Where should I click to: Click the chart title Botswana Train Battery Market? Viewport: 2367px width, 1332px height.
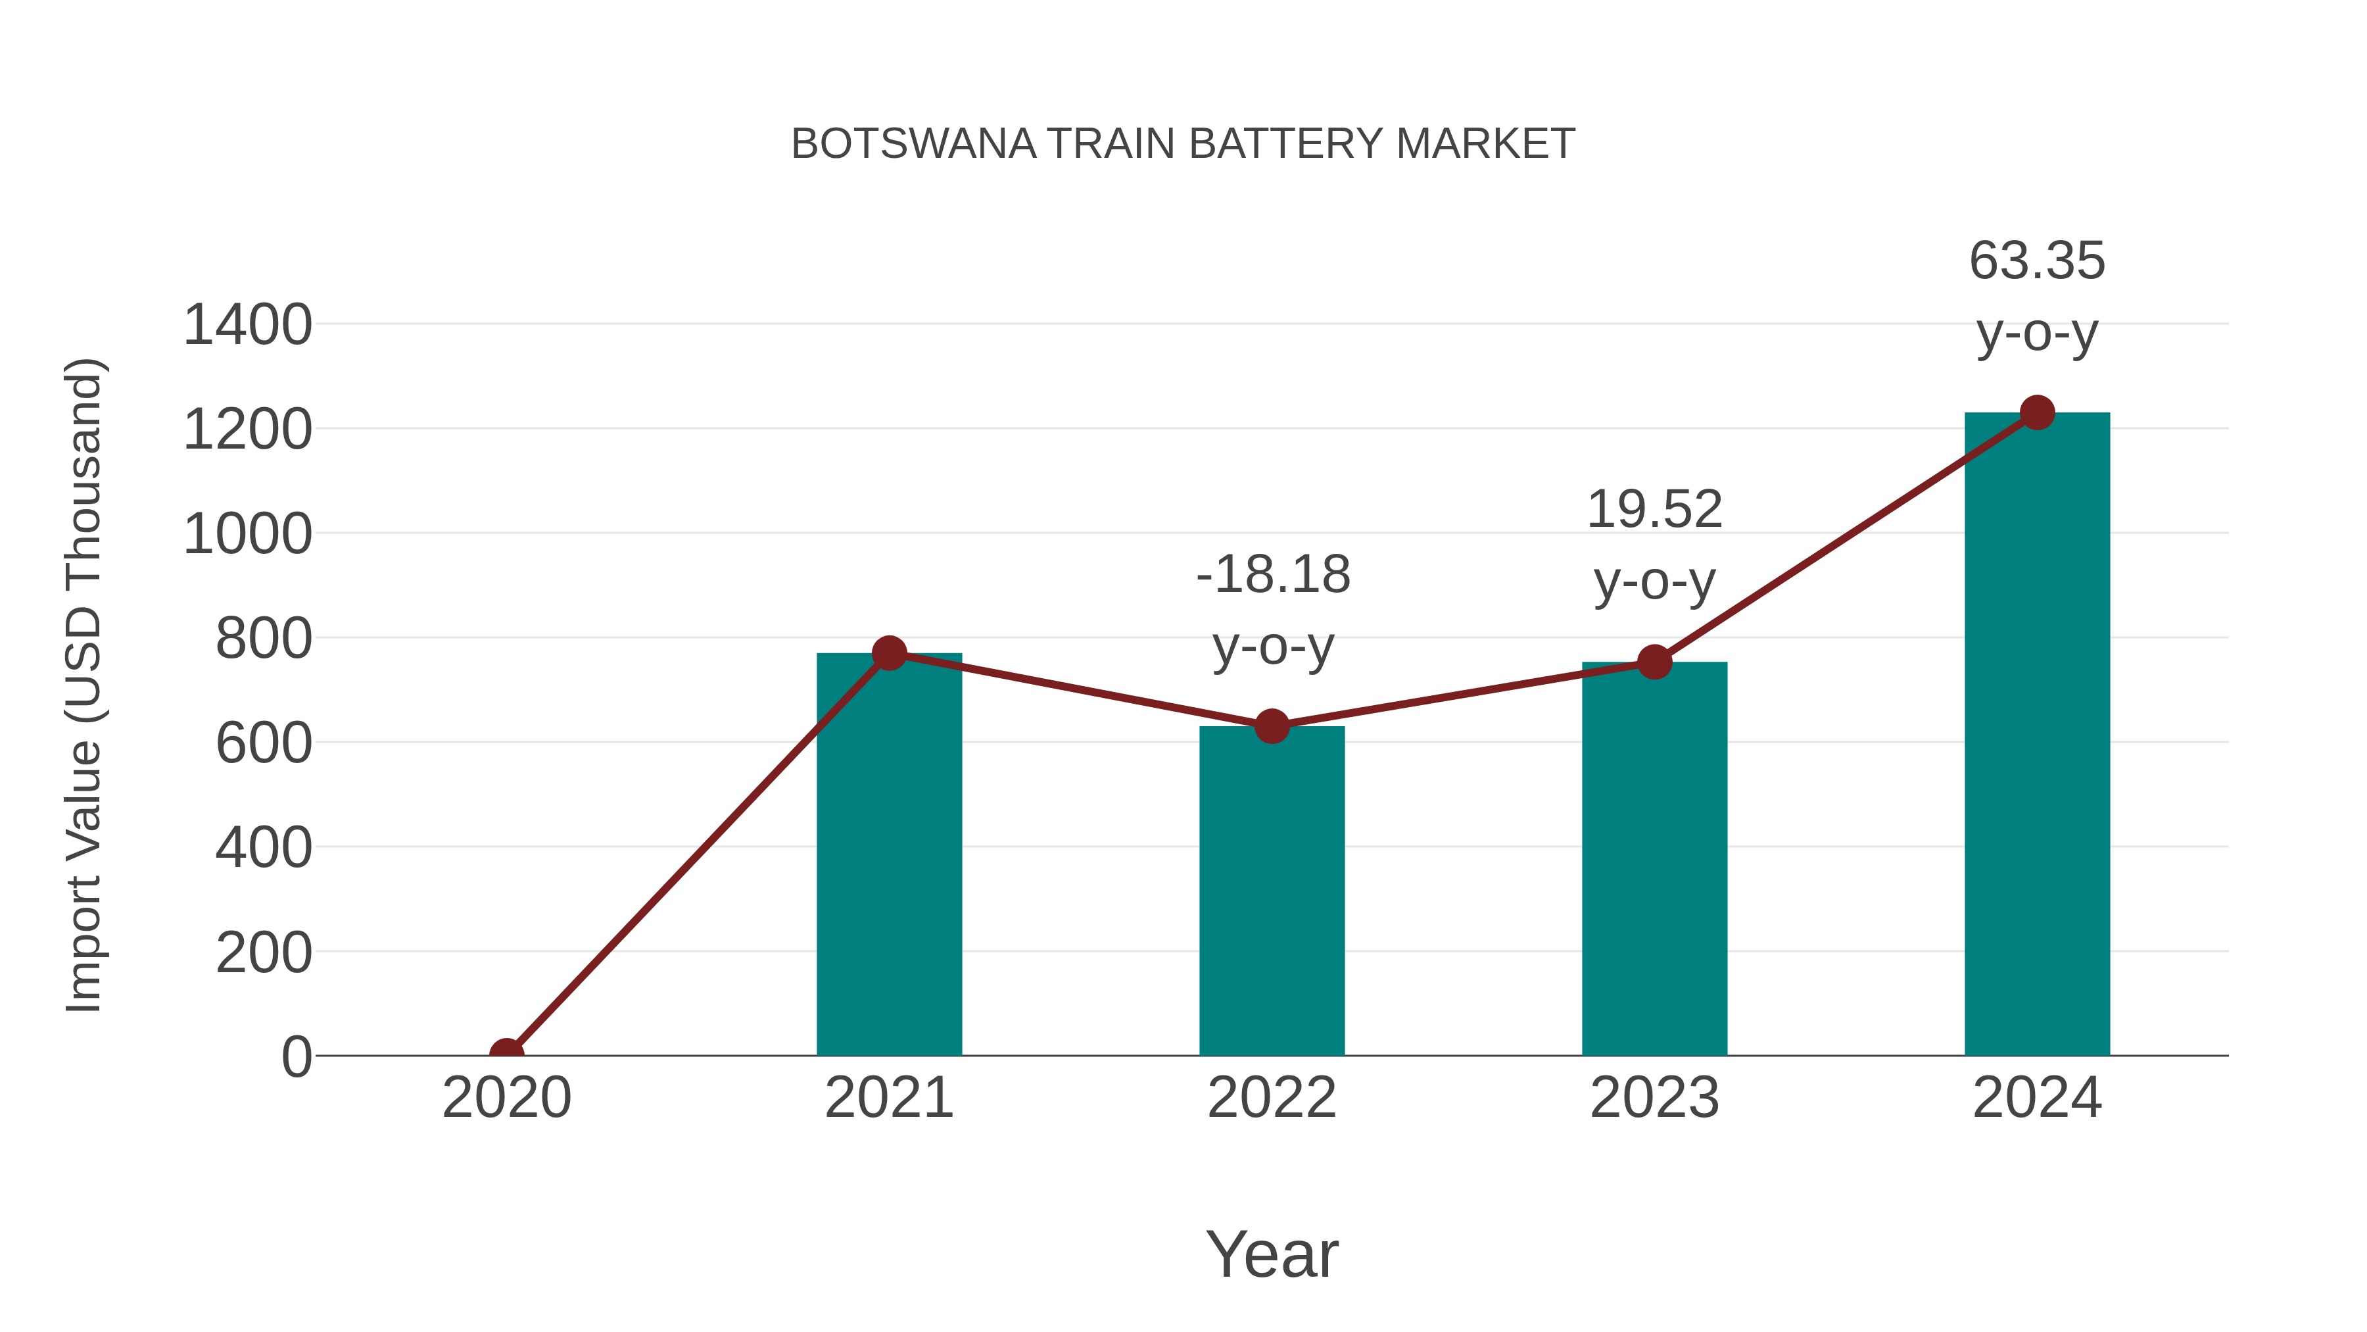(x=1183, y=144)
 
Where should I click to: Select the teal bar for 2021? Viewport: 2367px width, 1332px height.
(x=888, y=855)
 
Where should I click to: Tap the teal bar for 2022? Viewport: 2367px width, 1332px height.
(x=1271, y=892)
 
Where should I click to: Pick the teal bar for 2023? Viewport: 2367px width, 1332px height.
(x=1654, y=860)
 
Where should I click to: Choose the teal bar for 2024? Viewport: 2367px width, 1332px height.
(x=2036, y=735)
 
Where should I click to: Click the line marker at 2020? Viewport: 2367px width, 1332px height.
(x=506, y=1054)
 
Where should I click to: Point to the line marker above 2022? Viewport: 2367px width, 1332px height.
(x=1271, y=726)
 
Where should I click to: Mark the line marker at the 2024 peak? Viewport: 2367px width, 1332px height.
(x=2037, y=412)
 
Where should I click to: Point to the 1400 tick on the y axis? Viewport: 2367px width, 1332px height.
(x=247, y=326)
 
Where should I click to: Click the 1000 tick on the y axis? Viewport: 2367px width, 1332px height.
(x=247, y=534)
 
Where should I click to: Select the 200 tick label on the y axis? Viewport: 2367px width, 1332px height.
(x=263, y=953)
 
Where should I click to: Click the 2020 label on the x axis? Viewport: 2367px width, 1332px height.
(x=506, y=1098)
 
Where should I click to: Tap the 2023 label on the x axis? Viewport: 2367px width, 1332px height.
(x=1654, y=1098)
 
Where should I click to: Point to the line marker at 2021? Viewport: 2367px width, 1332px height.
(x=888, y=654)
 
